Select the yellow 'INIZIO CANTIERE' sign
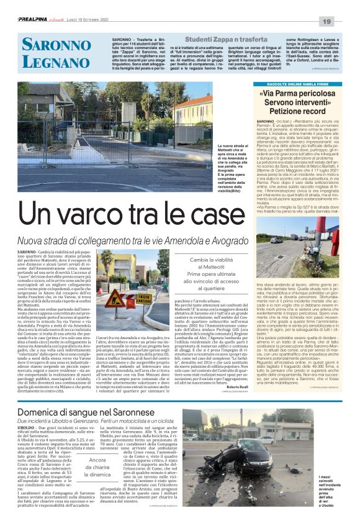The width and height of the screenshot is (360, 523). click(125, 298)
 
